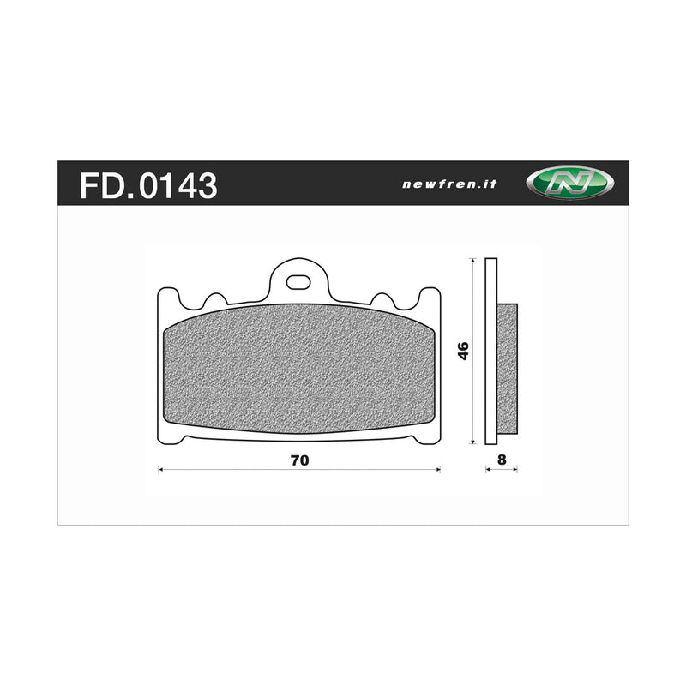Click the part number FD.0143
(148, 185)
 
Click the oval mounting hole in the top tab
(298, 280)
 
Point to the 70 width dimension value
(298, 460)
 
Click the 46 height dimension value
(463, 351)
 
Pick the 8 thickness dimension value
(502, 460)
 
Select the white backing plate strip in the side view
(490, 352)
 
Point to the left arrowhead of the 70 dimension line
(162, 470)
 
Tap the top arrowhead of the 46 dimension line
(474, 261)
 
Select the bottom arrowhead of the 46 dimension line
(474, 442)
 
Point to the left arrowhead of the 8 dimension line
(487, 470)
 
